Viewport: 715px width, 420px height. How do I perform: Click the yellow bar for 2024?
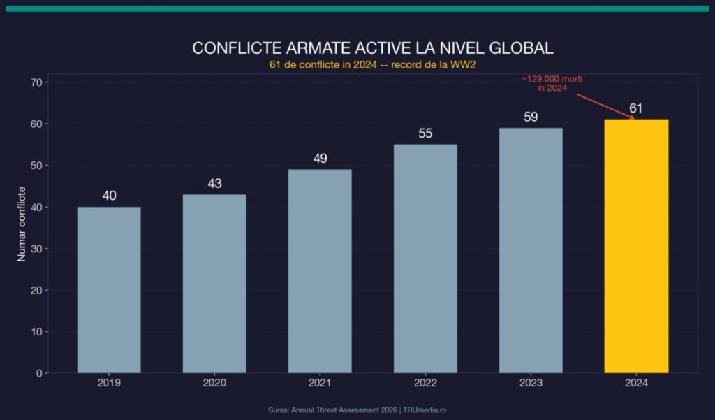click(636, 246)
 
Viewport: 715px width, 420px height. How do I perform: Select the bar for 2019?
click(109, 290)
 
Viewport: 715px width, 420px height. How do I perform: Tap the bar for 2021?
click(320, 271)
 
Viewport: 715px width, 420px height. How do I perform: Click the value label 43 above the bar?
click(215, 184)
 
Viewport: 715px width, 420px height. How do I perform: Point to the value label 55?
click(426, 133)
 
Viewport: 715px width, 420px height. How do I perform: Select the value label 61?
click(635, 108)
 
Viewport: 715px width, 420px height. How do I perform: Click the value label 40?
click(109, 196)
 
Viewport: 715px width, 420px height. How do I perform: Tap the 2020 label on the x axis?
click(214, 384)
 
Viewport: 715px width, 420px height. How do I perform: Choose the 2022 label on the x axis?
click(425, 384)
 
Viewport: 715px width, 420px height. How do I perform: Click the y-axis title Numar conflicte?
click(22, 224)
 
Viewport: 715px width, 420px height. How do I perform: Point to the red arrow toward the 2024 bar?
click(606, 106)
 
